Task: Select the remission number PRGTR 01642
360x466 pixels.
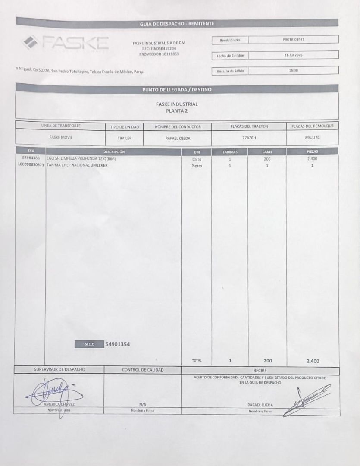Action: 294,40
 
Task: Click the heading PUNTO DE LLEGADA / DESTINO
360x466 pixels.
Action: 177,90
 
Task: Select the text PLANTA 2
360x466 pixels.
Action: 177,111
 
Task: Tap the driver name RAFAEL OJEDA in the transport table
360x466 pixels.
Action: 178,139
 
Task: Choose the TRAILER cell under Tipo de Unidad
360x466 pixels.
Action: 124,139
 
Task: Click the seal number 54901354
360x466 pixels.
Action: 118,344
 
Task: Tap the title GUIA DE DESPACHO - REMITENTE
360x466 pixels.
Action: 177,24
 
